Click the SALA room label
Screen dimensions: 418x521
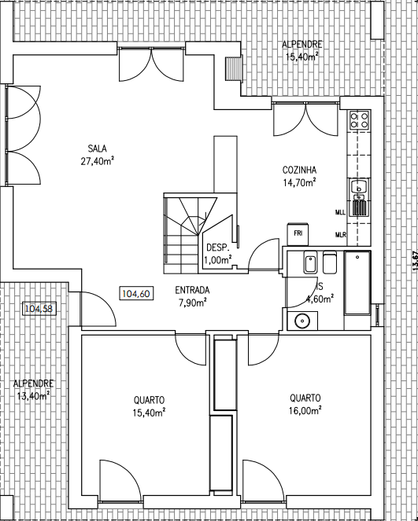pos(97,149)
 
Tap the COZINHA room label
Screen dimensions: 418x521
pos(299,170)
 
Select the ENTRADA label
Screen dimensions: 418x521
pos(192,290)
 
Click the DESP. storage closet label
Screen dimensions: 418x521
pos(218,248)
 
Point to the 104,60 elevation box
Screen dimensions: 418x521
pos(136,294)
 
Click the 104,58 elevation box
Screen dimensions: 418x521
pos(39,309)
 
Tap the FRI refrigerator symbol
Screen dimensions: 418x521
pos(298,234)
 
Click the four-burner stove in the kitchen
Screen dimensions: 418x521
pos(359,120)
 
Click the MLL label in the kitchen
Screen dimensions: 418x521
pos(340,212)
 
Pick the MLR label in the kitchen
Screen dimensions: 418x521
pos(340,235)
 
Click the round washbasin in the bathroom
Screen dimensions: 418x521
pos(302,321)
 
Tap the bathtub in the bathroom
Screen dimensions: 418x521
pos(357,283)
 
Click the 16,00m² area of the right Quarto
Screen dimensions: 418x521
pos(305,411)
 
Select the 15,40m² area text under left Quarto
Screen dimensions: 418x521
pos(149,413)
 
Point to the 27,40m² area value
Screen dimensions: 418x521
pos(97,161)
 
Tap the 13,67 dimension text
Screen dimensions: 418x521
pos(415,260)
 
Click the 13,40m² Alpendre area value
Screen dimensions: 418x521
pos(33,396)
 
